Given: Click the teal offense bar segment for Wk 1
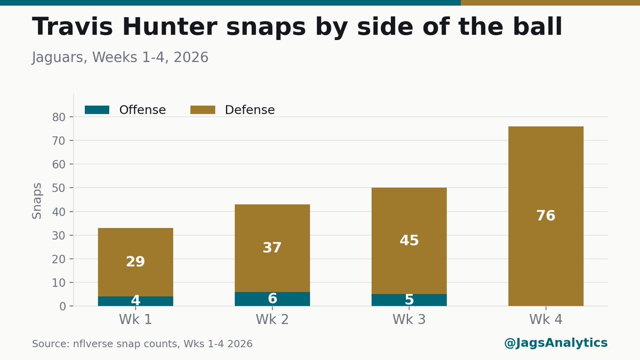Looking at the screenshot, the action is (135, 301).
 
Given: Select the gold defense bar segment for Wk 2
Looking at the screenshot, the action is (273, 248).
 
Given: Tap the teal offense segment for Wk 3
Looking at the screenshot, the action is (409, 300).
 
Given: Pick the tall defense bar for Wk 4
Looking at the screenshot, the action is (546, 216).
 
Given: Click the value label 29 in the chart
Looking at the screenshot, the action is (135, 261).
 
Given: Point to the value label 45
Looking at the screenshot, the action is (409, 241).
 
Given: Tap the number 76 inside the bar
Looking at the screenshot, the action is (546, 215).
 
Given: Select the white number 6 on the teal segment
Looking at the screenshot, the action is (273, 298).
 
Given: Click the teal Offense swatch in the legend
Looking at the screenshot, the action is (97, 110).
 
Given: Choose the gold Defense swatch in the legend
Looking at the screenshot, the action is (203, 110).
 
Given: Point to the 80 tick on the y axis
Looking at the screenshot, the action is (59, 117).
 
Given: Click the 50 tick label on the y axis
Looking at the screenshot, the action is (59, 188).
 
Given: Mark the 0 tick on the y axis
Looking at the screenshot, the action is (62, 306).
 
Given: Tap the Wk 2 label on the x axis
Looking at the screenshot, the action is (273, 319).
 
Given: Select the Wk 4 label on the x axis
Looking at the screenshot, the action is (546, 319).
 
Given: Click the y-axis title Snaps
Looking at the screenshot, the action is (37, 201).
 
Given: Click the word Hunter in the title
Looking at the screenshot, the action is (170, 27).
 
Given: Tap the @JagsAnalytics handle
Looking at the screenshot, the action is (556, 343).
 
